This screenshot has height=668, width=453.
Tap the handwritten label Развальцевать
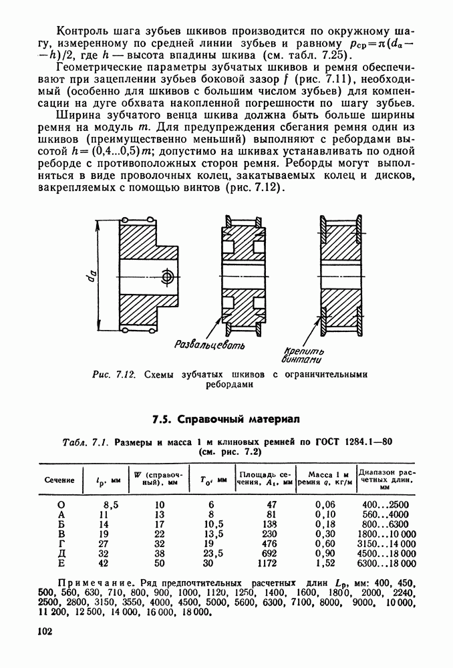[209, 345]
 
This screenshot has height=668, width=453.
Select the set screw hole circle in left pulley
[167, 275]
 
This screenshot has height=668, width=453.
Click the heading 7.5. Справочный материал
[226, 420]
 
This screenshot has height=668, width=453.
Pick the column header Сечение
[60, 480]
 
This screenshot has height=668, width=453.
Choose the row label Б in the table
[61, 525]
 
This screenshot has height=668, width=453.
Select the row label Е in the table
[61, 562]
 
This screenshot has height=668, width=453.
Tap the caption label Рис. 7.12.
[114, 374]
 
